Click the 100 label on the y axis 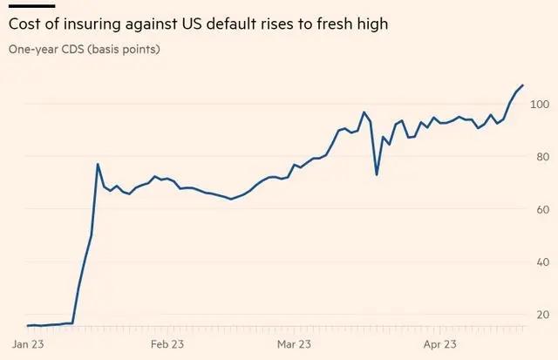(x=540, y=105)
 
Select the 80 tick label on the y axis (x=541, y=157)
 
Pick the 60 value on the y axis (x=541, y=209)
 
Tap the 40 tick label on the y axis (x=541, y=262)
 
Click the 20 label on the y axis (x=541, y=314)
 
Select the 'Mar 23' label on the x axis (x=295, y=344)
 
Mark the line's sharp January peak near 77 (x=98, y=164)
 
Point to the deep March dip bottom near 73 (x=377, y=175)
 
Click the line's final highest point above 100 (x=522, y=85)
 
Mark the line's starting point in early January (x=28, y=325)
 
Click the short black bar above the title (x=31, y=5)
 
